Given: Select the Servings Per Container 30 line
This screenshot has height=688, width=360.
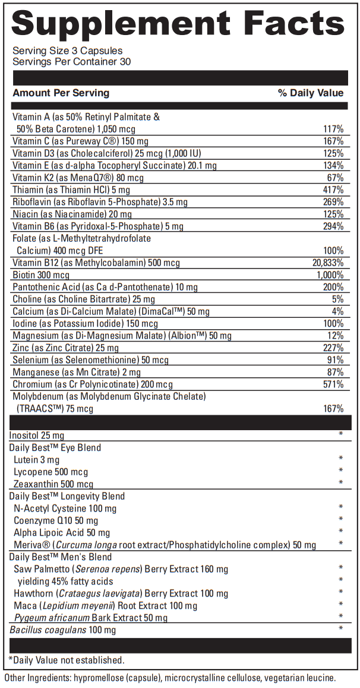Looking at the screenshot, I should point(72,62).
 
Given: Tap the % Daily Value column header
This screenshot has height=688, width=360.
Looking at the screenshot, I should point(311,93).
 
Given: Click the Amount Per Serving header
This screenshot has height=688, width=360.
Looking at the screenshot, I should point(61,93).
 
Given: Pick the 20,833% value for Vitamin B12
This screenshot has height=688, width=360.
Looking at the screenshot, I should point(328,263).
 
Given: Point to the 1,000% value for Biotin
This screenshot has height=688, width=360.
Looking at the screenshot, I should point(330,275).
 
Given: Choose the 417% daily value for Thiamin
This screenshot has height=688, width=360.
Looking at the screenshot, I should point(334,190).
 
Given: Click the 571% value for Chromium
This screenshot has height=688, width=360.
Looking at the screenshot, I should point(334,384).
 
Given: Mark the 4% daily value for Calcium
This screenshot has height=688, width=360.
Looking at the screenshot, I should point(338,311).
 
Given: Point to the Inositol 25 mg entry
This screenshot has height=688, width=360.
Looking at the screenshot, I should point(37,435).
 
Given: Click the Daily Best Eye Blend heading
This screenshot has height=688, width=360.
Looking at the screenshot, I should point(55,447).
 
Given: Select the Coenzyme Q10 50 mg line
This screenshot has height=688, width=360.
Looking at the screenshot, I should point(56,520).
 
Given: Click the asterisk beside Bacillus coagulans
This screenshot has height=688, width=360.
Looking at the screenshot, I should point(341,629).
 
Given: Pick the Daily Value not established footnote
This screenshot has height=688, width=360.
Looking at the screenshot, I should point(67,660).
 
